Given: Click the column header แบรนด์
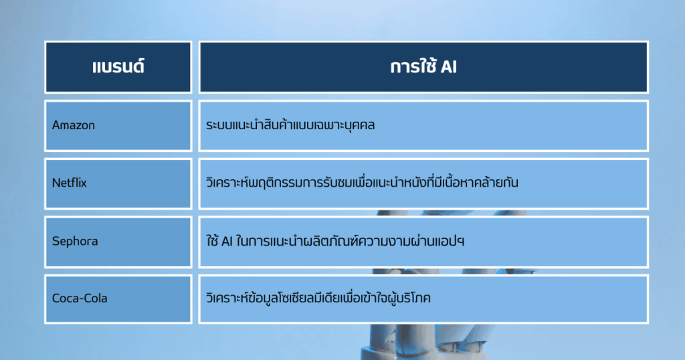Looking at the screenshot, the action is point(118,67).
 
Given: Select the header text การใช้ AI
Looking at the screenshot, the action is point(423,66).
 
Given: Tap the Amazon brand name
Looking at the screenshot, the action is point(74,125).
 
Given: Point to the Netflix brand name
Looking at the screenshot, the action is point(70,183).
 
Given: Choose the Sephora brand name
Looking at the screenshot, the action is point(75,241).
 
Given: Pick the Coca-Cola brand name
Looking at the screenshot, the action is point(80,298).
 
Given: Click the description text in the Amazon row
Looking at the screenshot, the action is point(290,125).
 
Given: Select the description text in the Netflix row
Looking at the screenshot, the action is point(362,182).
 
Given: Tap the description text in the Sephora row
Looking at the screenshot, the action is point(335,240).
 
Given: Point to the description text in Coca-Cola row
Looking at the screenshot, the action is point(318,298).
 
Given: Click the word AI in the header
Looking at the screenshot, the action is point(449,68).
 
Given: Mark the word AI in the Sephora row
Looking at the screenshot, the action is point(227,241).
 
